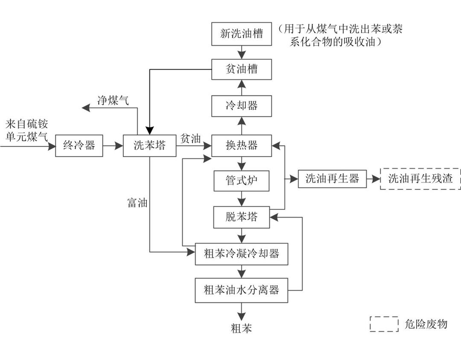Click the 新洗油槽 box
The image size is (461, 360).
point(242,34)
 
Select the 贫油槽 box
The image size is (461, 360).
point(242,69)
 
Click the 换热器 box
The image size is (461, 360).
point(242,145)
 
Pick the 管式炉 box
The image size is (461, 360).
point(242,181)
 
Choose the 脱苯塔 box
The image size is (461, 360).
point(242,217)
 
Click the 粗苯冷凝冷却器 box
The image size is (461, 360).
point(242,254)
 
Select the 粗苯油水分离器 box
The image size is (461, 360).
point(242,290)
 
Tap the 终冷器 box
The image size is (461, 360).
point(79,145)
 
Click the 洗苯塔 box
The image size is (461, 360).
point(149,145)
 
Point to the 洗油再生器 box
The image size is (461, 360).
point(332,179)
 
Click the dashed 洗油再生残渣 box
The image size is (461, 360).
point(420,179)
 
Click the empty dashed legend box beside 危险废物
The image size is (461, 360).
point(384,324)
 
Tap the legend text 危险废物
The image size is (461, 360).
point(426,324)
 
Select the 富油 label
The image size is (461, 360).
point(137,203)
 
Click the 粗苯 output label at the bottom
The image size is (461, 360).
point(242,328)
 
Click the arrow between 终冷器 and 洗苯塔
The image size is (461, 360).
point(113,146)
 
